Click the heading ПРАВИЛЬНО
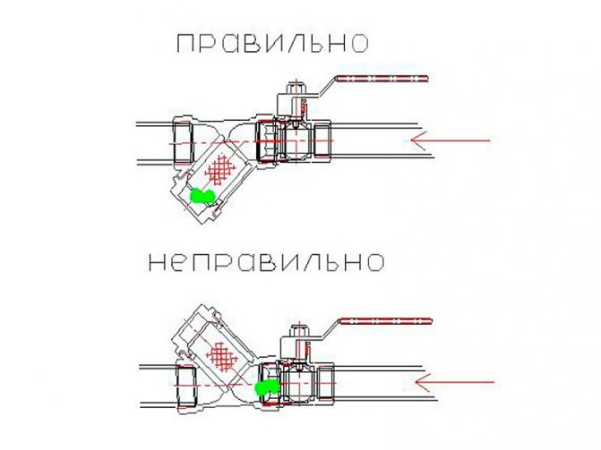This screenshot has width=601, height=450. (x=272, y=43)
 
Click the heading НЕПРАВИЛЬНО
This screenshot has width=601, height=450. (x=266, y=263)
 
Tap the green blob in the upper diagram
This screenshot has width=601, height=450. (x=203, y=196)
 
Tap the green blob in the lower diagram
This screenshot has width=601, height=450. (x=267, y=386)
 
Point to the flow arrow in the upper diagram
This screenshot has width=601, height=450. (x=450, y=140)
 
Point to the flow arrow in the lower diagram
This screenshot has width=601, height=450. (x=454, y=382)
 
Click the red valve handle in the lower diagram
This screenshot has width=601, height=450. (x=386, y=321)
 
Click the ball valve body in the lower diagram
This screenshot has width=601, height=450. (x=298, y=382)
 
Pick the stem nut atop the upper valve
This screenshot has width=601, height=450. (x=296, y=89)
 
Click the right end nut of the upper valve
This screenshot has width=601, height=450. (x=322, y=140)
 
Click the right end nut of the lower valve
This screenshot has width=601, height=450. (x=326, y=383)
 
